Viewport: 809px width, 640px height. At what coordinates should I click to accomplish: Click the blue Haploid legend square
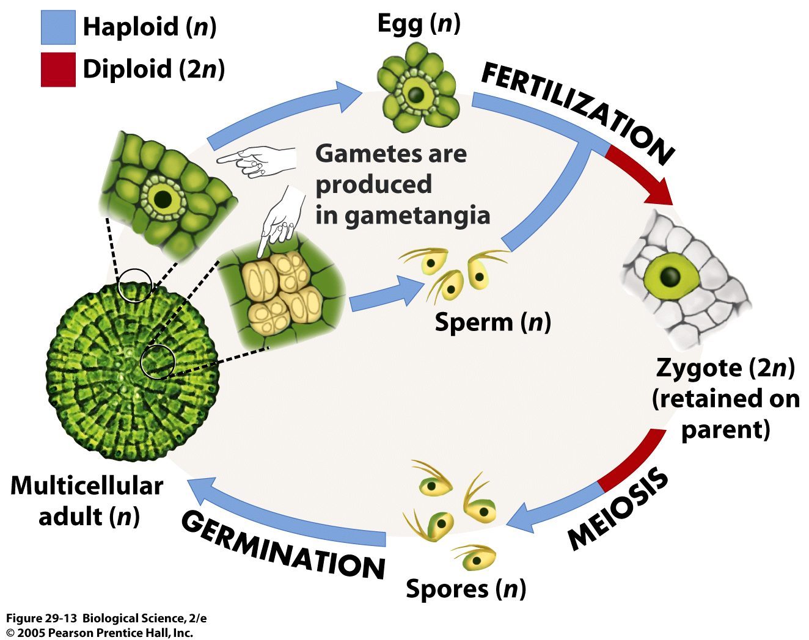click(58, 27)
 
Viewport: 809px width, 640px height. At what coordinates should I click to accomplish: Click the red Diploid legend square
click(58, 69)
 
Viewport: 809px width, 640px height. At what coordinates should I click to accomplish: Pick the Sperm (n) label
click(492, 322)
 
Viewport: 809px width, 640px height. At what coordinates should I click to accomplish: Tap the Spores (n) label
click(466, 589)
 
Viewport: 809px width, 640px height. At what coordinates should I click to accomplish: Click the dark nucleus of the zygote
click(671, 277)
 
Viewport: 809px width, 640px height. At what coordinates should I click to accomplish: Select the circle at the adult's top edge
click(134, 285)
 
